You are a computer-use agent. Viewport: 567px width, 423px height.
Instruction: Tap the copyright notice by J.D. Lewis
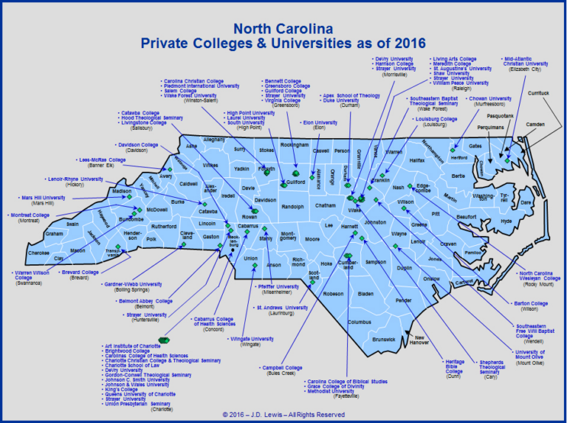click(283, 414)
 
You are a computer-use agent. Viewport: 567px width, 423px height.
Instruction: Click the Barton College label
click(529, 303)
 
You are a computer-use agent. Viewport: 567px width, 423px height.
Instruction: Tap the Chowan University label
click(489, 99)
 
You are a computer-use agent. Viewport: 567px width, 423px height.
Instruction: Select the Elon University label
click(320, 123)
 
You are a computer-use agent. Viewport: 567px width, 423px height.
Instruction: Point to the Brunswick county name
click(384, 339)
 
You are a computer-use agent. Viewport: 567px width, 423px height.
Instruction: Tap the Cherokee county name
click(38, 252)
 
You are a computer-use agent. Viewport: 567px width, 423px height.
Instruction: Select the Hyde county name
click(505, 221)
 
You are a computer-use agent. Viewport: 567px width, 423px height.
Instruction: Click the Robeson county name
click(333, 293)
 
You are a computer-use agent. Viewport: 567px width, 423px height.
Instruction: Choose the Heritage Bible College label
click(454, 366)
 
